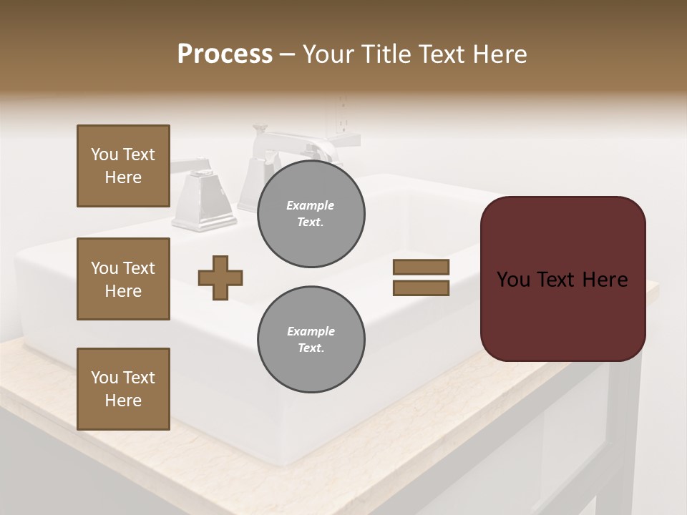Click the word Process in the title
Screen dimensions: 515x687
coord(225,54)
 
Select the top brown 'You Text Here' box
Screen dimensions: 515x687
coord(123,166)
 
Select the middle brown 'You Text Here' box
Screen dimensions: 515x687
coord(123,279)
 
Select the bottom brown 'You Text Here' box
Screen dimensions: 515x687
coord(123,389)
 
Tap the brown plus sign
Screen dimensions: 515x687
coord(220,278)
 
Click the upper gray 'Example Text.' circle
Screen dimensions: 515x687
coord(311,213)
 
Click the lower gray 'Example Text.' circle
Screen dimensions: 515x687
coord(311,339)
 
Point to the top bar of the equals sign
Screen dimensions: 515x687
coord(421,267)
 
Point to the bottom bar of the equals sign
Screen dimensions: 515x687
coord(421,288)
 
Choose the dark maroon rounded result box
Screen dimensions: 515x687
coord(562,315)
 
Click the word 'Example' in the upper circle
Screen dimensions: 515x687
coord(311,205)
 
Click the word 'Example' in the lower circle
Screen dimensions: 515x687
coord(311,331)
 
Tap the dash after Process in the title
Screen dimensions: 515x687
coord(287,54)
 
